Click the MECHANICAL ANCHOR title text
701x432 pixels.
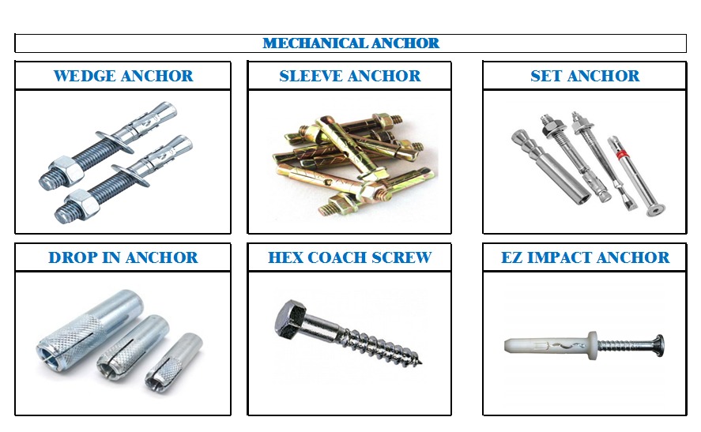(x=351, y=43)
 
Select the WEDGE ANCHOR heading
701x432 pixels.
(x=123, y=76)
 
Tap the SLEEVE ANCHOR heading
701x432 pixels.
(x=349, y=76)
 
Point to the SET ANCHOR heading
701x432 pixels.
(x=585, y=76)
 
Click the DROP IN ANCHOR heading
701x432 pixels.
(x=123, y=257)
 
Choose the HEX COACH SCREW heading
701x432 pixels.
(x=349, y=257)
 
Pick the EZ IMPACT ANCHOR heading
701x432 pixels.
(x=585, y=257)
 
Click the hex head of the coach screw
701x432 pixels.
(x=291, y=318)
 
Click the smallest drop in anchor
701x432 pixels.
(x=173, y=362)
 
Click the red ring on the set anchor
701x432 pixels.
(x=621, y=155)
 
